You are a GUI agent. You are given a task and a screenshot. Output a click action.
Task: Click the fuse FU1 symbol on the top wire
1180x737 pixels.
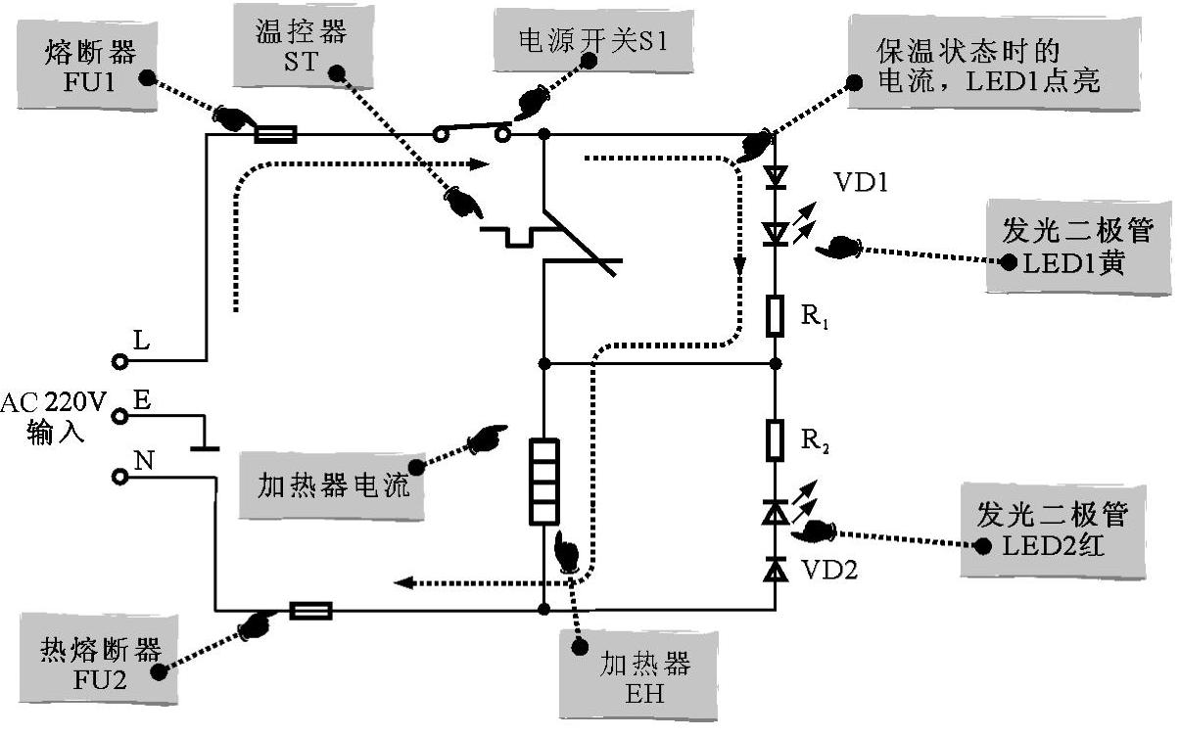click(275, 134)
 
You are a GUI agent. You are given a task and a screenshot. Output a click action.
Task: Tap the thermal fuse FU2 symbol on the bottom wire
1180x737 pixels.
click(311, 611)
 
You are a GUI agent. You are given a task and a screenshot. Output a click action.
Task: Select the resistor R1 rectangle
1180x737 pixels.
click(776, 315)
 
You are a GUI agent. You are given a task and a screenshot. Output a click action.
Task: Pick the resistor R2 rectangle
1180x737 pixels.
click(776, 440)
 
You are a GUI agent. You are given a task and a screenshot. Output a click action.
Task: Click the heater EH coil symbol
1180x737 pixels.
click(543, 482)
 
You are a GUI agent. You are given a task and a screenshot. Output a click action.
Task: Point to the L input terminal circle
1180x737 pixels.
click(120, 362)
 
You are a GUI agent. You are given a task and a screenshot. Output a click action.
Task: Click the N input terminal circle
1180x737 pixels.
click(120, 477)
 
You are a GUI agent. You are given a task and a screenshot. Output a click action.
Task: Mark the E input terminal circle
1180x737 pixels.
click(120, 417)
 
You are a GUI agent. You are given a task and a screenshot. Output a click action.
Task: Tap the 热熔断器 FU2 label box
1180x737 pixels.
click(99, 663)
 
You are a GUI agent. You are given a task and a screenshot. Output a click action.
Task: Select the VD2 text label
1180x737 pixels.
click(829, 569)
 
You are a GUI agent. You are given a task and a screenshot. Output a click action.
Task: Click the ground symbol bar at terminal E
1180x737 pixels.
click(204, 449)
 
